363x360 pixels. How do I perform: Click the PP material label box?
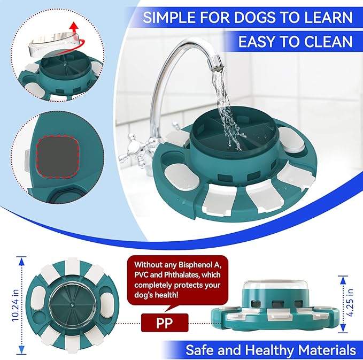(x=165, y=323)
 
